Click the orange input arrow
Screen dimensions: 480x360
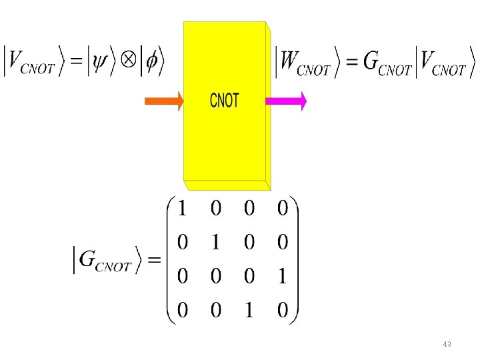(x=163, y=101)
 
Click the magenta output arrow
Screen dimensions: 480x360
(x=285, y=101)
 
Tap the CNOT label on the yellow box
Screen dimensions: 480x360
(x=224, y=101)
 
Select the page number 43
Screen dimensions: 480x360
(x=447, y=344)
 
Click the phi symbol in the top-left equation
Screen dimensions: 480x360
(x=151, y=62)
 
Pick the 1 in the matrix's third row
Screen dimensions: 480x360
(x=282, y=277)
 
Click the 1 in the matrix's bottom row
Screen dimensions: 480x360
(x=249, y=310)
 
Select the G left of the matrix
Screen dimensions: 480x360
(x=88, y=260)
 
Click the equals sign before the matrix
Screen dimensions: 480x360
(x=154, y=260)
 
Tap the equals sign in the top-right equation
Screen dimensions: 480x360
(x=350, y=62)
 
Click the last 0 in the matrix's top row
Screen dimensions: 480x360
(x=282, y=209)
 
